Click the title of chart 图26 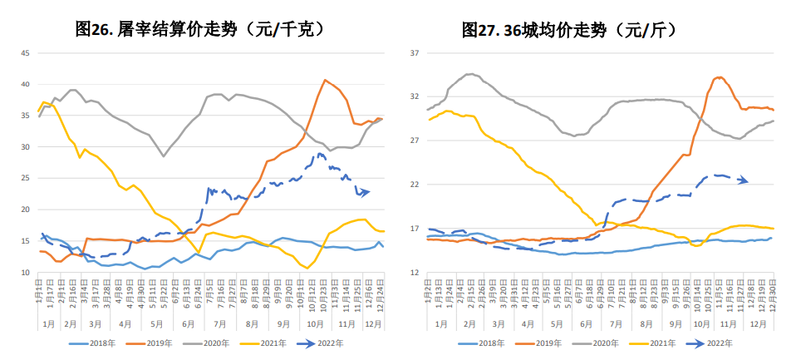coord(199,30)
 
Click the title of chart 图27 coord(569,30)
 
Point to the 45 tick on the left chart coord(24,53)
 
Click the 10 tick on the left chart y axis coord(24,273)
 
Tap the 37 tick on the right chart coord(413,53)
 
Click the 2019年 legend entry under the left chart coord(153,343)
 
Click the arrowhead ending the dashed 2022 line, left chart coord(366,192)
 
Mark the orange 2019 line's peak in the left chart coord(325,80)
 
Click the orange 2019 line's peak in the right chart coord(720,77)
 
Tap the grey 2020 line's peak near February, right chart coord(471,74)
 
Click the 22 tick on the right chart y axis coord(413,185)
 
